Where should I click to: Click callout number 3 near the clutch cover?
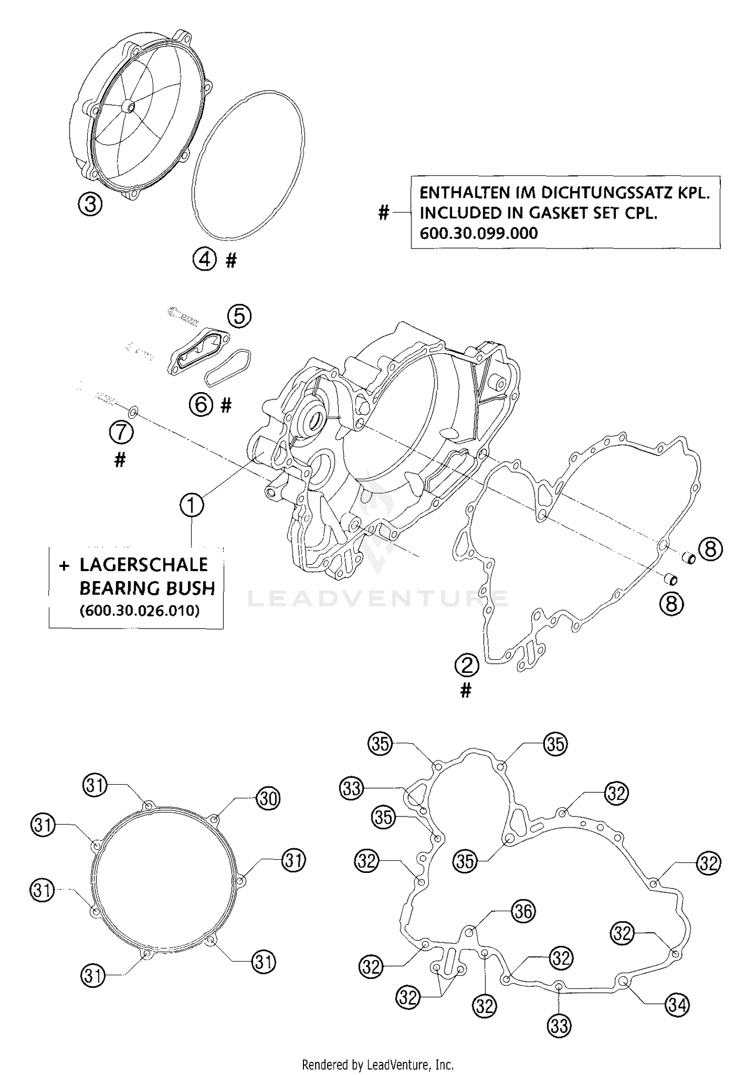(x=90, y=205)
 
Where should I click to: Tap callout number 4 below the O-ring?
(x=204, y=260)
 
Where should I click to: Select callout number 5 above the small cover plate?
(x=239, y=316)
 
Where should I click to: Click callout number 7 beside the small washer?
(x=121, y=432)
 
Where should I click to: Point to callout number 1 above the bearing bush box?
(x=192, y=505)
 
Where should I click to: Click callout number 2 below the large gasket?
(x=467, y=665)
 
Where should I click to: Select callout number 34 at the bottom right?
(x=677, y=1005)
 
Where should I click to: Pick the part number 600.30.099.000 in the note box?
(x=478, y=233)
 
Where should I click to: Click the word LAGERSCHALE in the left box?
(x=144, y=565)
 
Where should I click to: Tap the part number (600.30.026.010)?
(x=140, y=610)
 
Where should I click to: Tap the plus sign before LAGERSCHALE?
(x=64, y=566)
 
